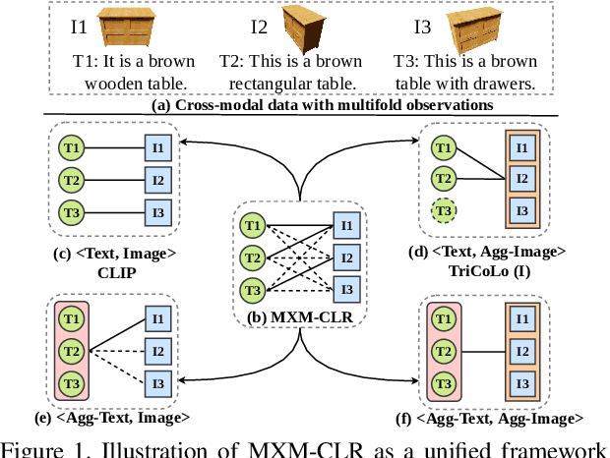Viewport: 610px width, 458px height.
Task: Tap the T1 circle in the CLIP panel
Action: (x=70, y=148)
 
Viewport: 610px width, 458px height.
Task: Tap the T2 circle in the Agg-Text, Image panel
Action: (x=70, y=351)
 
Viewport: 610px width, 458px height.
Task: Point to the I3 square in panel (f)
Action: (x=521, y=383)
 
